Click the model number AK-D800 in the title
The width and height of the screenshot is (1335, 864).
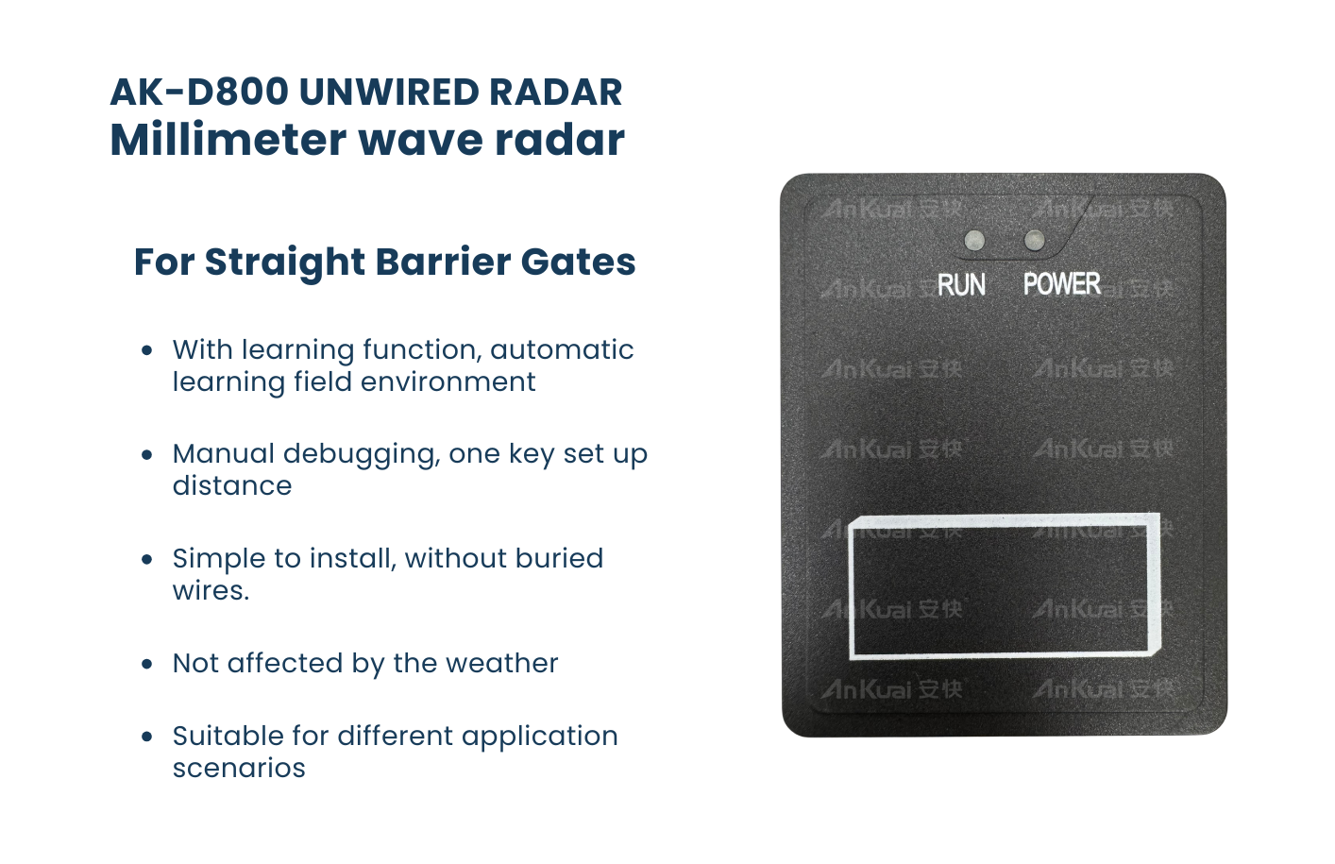tap(199, 92)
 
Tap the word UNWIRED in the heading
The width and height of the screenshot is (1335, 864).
tap(389, 92)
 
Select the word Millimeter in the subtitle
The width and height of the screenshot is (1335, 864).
tap(228, 140)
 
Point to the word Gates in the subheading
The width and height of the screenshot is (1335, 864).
tap(578, 263)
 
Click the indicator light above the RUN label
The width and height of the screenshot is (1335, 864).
tap(974, 240)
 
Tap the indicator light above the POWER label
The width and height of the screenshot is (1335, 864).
tap(1034, 240)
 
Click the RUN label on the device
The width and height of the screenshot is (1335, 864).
tap(961, 285)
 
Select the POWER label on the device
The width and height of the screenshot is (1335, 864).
tap(1062, 283)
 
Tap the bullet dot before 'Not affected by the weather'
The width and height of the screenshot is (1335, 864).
tap(147, 664)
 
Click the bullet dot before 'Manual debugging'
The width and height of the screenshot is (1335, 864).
tap(147, 455)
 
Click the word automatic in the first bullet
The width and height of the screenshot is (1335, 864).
tap(562, 349)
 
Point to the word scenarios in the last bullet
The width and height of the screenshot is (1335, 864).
tap(239, 768)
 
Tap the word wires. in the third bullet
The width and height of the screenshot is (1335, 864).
tap(211, 591)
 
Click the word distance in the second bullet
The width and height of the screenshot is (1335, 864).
tap(232, 485)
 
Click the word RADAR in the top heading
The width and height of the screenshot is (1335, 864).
tap(555, 92)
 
